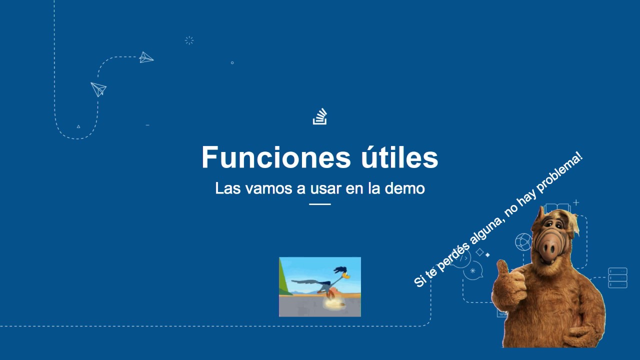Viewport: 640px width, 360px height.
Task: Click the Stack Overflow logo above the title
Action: point(320,116)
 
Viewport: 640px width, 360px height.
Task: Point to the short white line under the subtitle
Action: point(320,204)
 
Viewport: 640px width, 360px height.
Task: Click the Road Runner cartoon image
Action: point(320,287)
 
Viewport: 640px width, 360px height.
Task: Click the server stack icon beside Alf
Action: point(617,278)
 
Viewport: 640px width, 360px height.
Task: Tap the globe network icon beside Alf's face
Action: point(523,241)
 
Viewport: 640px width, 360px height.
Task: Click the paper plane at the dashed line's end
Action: point(146,57)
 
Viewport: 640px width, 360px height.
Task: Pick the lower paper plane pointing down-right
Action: point(99,89)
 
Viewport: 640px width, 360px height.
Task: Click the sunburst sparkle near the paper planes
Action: point(189,40)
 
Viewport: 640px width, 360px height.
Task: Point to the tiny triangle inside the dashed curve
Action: point(78,126)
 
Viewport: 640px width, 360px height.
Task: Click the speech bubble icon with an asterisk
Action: point(472,270)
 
